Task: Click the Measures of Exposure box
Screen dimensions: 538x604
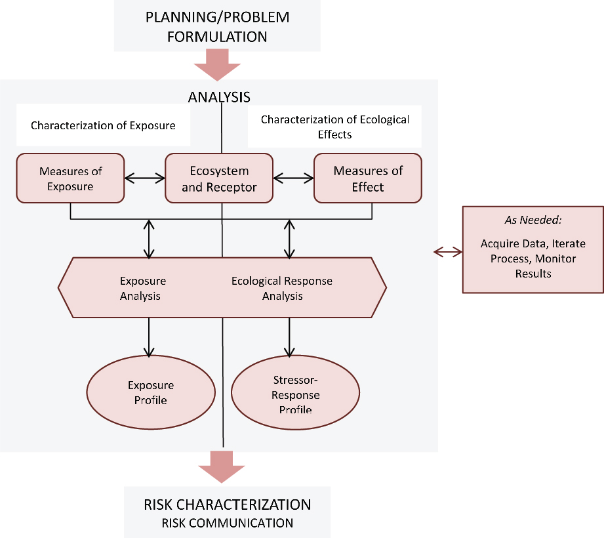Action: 70,178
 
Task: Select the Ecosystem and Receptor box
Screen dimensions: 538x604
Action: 218,178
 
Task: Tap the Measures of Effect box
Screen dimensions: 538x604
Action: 367,178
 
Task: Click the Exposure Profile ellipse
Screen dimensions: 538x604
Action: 151,392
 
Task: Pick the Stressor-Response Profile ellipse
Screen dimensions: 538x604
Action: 295,394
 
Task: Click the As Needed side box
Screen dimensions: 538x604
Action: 533,249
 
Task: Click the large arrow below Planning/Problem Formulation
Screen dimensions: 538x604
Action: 218,66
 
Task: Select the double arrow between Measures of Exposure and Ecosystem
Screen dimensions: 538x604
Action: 144,178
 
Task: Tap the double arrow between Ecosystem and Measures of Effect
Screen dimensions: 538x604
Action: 293,178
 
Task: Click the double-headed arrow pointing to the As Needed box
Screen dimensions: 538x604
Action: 448,251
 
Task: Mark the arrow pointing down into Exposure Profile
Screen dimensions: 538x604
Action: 150,337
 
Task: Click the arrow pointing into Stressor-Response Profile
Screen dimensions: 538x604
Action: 287,337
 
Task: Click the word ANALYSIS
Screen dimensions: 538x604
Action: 218,97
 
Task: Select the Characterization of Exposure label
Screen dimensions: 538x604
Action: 103,125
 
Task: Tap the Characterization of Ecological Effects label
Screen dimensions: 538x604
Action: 334,126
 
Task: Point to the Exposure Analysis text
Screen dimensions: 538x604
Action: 142,288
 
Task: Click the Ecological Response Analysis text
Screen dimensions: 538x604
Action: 282,288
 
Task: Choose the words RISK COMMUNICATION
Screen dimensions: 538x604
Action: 228,523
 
